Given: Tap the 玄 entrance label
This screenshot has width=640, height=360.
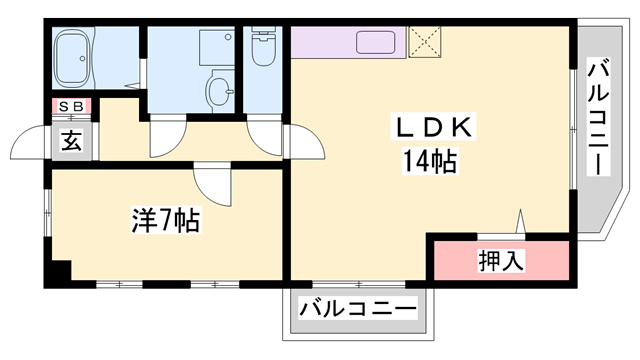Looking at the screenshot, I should click(x=72, y=141).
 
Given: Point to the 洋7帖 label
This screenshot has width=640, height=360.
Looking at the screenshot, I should click(x=166, y=220).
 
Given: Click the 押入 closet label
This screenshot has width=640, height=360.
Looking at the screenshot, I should click(x=500, y=261).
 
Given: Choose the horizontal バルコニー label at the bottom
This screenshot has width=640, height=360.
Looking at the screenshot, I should click(x=358, y=310).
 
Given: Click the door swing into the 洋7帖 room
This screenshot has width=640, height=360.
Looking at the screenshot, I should click(x=212, y=183).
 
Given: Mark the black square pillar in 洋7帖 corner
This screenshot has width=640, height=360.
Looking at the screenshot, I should click(x=60, y=270).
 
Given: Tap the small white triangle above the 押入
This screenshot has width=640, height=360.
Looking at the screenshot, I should click(x=521, y=221).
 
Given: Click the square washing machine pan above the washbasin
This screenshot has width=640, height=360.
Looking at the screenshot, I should click(x=214, y=47).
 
